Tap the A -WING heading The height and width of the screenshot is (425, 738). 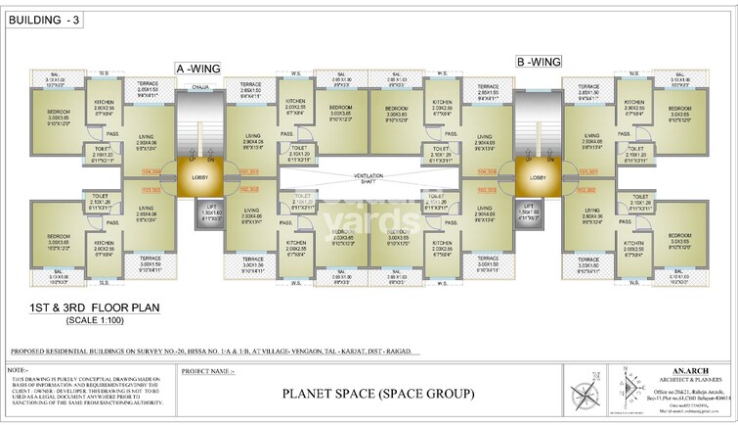198,68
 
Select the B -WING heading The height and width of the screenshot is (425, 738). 538,62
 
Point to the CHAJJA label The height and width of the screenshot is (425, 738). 200,87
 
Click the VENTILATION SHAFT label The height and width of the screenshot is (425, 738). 369,179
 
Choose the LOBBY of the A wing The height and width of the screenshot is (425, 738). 199,178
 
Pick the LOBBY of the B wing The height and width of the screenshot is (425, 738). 538,178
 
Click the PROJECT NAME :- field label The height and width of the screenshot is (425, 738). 208,372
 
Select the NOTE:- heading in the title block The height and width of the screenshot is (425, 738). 17,371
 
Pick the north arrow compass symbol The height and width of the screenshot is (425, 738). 586,397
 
